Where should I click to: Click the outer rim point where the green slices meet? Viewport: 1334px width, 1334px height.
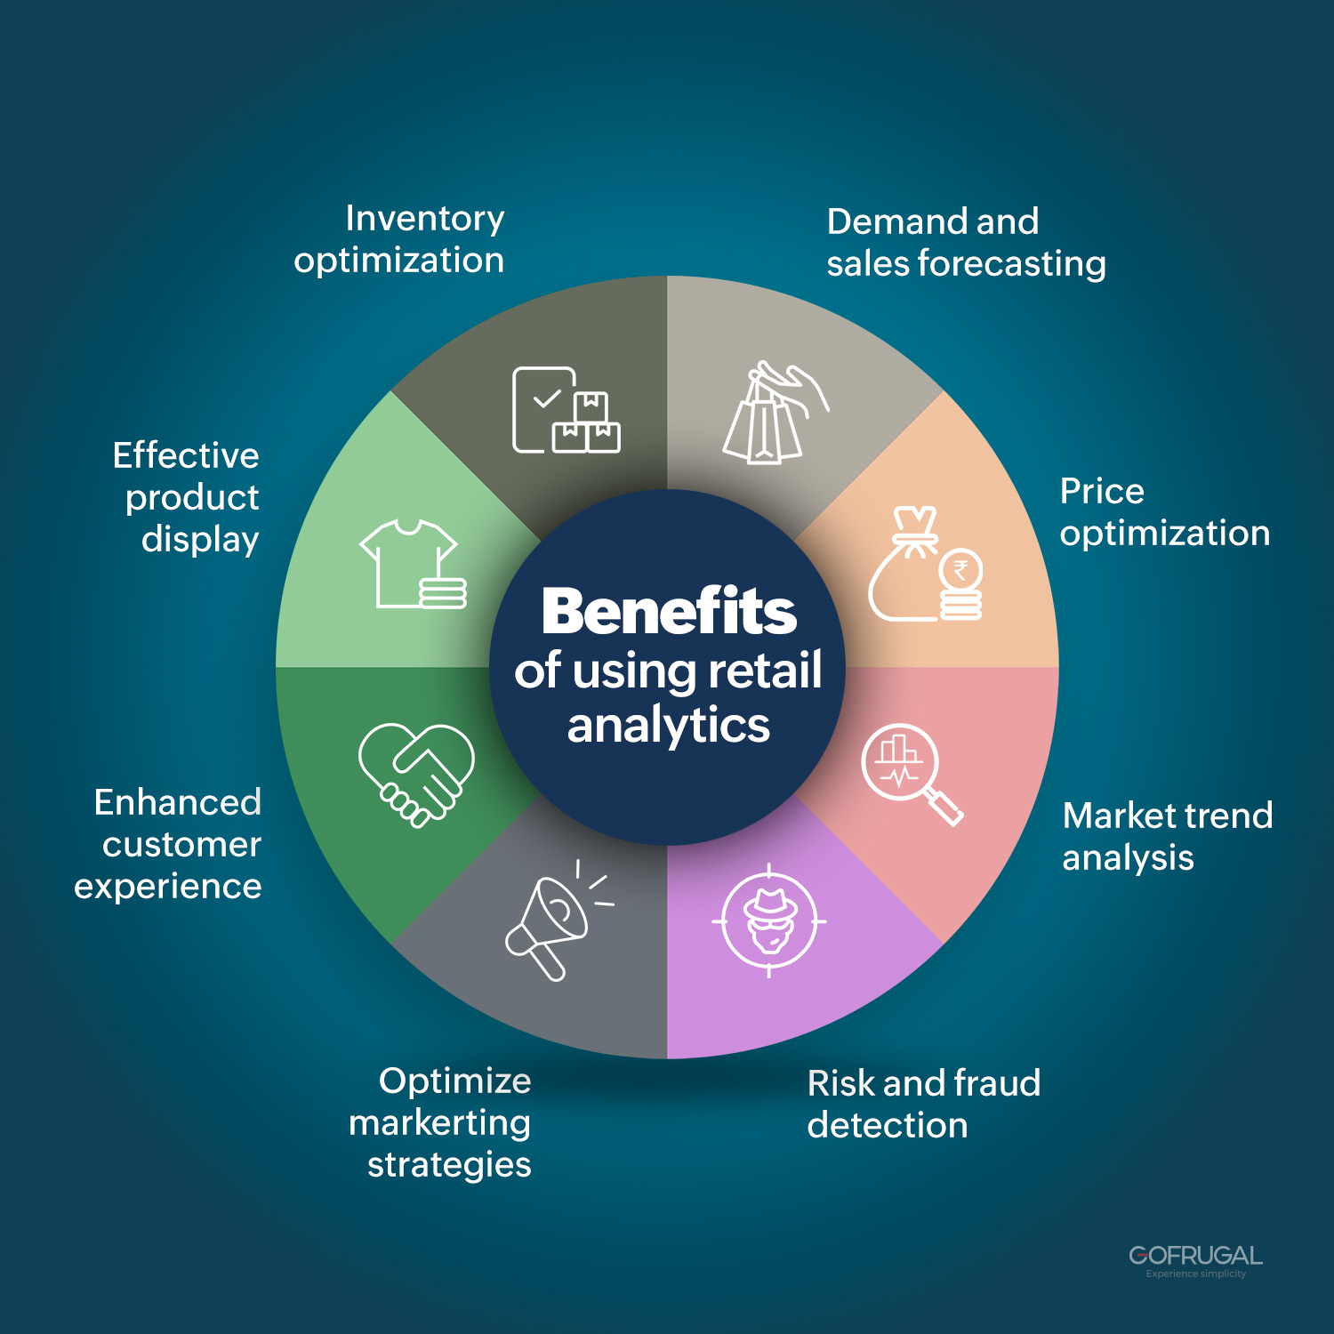click(x=276, y=667)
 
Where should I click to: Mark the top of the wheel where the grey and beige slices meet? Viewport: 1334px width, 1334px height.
click(x=667, y=276)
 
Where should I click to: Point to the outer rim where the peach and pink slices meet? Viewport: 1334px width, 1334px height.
click(x=1058, y=667)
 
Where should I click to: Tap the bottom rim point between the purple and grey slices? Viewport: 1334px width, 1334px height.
click(x=667, y=1058)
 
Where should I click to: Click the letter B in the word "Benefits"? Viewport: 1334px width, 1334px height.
click(x=565, y=612)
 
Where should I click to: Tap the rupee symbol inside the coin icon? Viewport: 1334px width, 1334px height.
click(x=960, y=570)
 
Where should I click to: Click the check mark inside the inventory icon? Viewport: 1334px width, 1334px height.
click(x=547, y=399)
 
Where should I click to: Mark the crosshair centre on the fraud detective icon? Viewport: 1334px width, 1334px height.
click(x=769, y=920)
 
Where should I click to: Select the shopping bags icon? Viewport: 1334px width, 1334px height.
click(x=775, y=413)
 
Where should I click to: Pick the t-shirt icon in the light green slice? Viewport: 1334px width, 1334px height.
click(x=414, y=565)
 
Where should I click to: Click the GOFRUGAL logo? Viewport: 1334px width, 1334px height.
click(x=1196, y=1260)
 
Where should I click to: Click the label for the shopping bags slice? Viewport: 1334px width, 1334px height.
click(x=966, y=242)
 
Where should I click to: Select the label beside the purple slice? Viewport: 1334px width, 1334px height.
click(x=923, y=1104)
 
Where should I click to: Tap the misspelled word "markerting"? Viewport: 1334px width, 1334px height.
click(x=439, y=1122)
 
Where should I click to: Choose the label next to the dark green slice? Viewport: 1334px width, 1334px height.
click(x=168, y=844)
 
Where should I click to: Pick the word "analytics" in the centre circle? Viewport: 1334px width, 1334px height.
click(x=669, y=726)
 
